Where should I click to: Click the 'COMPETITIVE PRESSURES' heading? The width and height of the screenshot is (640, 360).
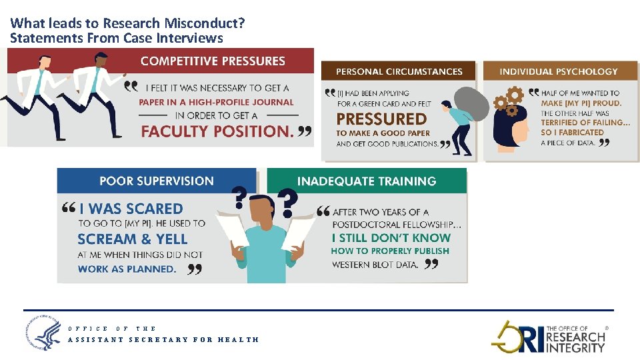point(213,61)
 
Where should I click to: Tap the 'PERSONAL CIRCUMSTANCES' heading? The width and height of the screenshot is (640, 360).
point(399,71)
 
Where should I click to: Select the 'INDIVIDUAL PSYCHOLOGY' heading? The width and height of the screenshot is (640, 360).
point(559,71)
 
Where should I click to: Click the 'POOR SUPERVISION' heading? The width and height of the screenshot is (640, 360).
point(157,181)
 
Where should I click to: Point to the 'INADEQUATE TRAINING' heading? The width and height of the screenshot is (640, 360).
point(367,181)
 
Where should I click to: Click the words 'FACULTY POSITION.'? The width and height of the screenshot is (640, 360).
point(217,131)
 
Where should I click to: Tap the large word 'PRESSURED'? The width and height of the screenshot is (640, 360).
point(381,119)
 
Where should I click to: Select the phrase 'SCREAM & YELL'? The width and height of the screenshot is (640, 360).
point(133,239)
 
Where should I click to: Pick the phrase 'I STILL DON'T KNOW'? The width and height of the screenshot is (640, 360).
point(391,237)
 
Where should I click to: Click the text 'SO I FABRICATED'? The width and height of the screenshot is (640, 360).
point(572,132)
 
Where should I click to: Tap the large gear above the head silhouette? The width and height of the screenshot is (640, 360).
point(513,95)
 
